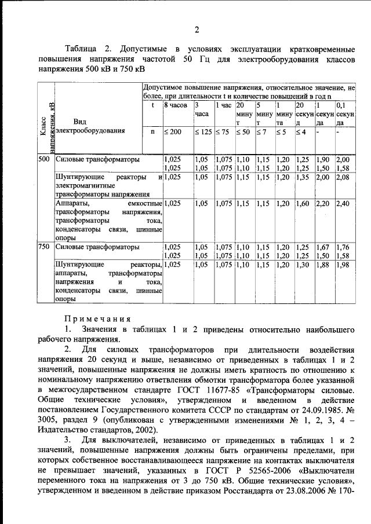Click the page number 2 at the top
tap(197, 30)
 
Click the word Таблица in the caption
tap(82, 46)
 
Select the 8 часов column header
tap(175, 106)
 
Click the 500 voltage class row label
tap(44, 159)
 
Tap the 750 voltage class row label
tap(44, 247)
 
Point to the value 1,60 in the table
tap(302, 204)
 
